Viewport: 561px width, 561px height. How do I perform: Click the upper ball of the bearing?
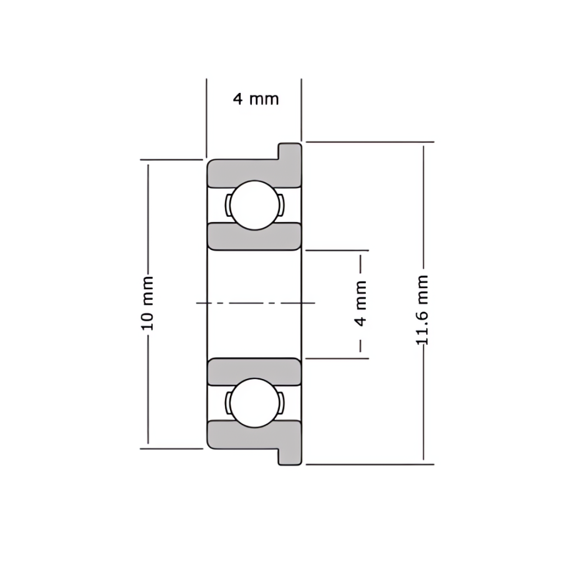[254, 205]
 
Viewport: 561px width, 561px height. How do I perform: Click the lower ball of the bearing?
[254, 403]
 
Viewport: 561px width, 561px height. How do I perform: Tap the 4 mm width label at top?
[256, 98]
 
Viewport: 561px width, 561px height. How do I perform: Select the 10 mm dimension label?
[147, 303]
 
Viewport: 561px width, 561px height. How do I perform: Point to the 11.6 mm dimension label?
[422, 310]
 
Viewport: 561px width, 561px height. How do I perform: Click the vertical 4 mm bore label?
[361, 304]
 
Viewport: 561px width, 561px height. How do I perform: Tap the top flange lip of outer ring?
[290, 151]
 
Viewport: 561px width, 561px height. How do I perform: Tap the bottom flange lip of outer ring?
[290, 457]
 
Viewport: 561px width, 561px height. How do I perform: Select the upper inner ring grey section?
[254, 237]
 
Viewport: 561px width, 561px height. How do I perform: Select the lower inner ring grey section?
[254, 372]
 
